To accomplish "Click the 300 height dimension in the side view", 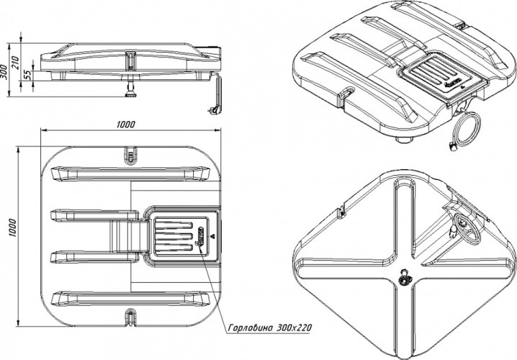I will [4, 69].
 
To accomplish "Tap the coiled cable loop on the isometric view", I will [465, 130].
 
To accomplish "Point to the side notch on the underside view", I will [340, 210].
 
